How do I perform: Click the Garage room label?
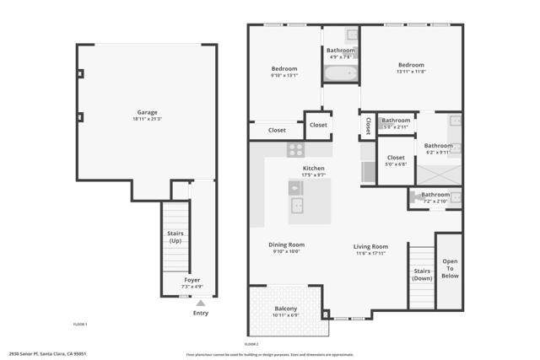coord(147,112)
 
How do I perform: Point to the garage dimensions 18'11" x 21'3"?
coord(147,119)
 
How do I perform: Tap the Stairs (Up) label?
coord(175,237)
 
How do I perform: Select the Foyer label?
coord(192,279)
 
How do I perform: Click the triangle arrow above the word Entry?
coord(200,303)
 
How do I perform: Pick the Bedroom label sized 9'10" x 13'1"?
coord(283,68)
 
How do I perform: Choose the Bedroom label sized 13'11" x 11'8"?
coord(411,64)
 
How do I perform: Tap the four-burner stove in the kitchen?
coord(295,149)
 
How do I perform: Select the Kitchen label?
coord(314,169)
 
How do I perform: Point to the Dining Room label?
coord(287,244)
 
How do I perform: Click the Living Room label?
coord(370,246)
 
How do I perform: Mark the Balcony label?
coord(286,309)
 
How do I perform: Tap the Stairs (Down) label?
coord(422,274)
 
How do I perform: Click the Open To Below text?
coord(450,267)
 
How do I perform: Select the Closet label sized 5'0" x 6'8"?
coord(396,158)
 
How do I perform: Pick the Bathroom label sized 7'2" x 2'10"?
coord(435,195)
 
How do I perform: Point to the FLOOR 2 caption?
coord(251,344)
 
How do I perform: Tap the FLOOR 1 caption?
coord(80,324)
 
